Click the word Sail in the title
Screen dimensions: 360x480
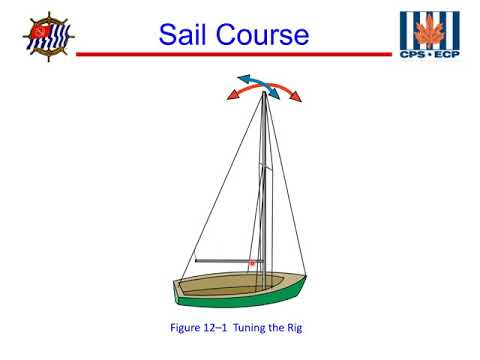191,37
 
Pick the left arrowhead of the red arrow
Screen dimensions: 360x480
231,97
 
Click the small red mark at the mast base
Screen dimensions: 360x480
252,263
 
